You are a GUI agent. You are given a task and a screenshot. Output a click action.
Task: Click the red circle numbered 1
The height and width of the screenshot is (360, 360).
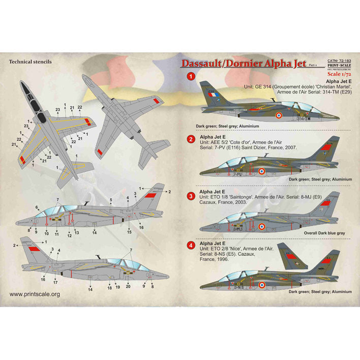click(x=190, y=77)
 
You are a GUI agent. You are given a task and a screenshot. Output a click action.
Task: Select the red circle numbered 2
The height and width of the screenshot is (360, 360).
click(x=190, y=139)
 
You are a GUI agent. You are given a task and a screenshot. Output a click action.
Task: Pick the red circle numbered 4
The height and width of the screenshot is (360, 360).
click(x=190, y=246)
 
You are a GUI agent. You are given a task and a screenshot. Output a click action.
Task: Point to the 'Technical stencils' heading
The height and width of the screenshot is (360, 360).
click(x=31, y=62)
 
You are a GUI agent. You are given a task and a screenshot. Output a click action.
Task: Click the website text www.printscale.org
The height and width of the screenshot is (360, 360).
click(x=35, y=294)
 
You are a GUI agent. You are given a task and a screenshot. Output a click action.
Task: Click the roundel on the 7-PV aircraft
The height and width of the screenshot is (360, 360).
click(x=261, y=172)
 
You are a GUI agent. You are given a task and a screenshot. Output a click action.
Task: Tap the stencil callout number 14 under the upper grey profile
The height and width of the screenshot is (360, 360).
click(x=95, y=232)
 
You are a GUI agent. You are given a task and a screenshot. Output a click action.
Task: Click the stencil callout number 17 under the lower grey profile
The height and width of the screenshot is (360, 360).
click(x=55, y=282)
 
